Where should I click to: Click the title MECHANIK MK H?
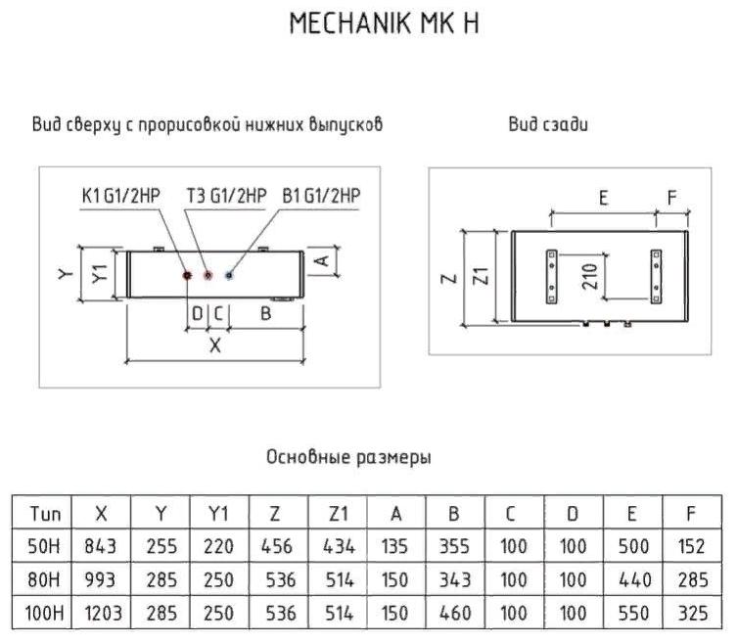tap(384, 23)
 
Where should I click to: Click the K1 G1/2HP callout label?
tap(120, 196)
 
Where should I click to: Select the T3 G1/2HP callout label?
tap(225, 196)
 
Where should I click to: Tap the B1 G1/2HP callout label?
tap(321, 196)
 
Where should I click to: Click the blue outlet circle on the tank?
tap(228, 276)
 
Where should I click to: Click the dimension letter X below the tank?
tap(215, 345)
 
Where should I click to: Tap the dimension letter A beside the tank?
tap(320, 260)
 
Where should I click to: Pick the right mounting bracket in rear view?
tap(654, 276)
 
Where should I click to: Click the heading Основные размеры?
tap(348, 457)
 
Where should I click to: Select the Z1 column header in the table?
tap(339, 513)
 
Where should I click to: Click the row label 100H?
tap(46, 614)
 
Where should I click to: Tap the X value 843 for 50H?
tap(101, 546)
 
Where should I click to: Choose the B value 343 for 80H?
tap(455, 580)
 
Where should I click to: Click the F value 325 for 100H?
tap(691, 614)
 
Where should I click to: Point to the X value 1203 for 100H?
tap(101, 614)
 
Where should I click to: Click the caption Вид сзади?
tap(547, 124)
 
